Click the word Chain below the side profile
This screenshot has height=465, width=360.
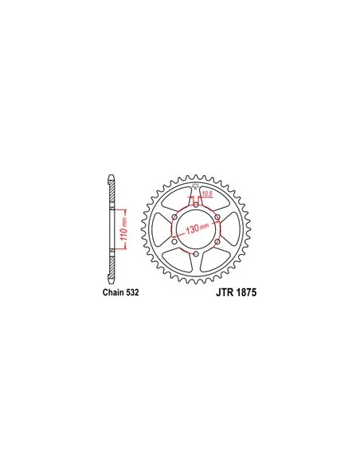(114, 292)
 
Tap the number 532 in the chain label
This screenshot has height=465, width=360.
(132, 292)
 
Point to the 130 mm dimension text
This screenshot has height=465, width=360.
(198, 229)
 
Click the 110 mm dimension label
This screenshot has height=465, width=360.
(124, 229)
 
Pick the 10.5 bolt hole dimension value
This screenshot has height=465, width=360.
(207, 194)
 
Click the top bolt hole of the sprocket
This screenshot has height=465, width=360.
(196, 205)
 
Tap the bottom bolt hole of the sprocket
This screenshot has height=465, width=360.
(196, 254)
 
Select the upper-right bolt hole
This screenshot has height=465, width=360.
(217, 217)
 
